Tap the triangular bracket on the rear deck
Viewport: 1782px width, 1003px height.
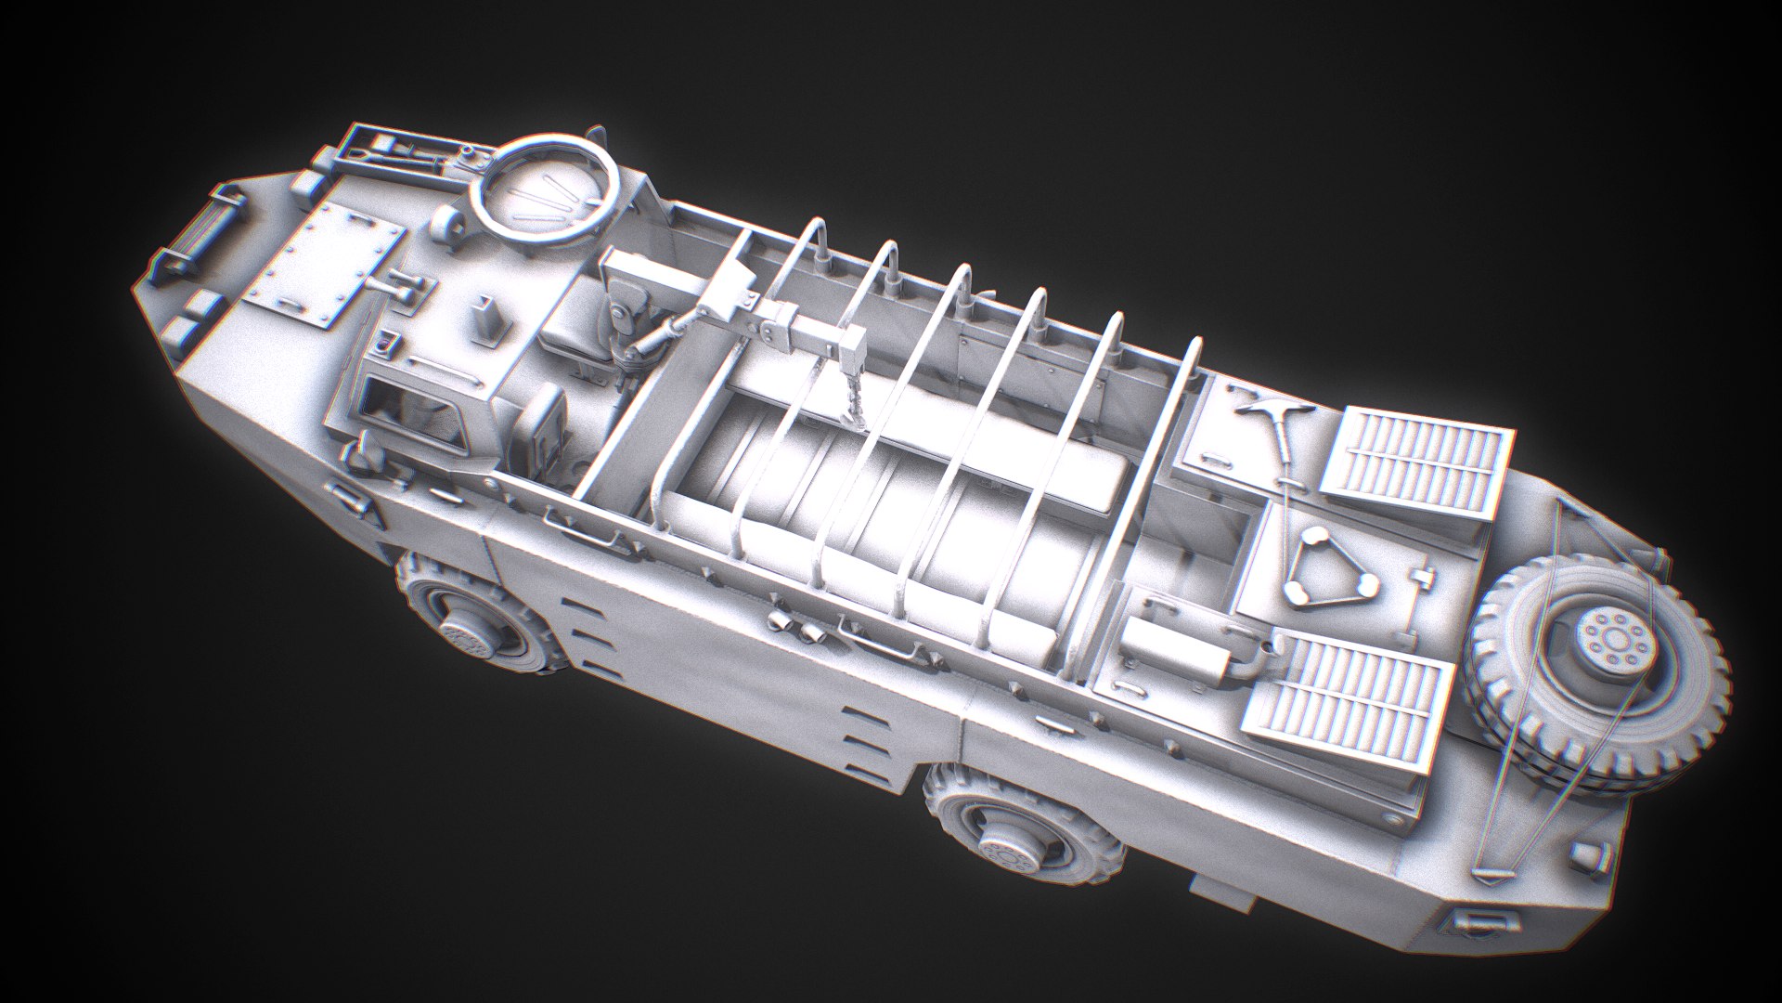(1327, 567)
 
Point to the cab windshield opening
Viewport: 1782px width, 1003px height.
(408, 409)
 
